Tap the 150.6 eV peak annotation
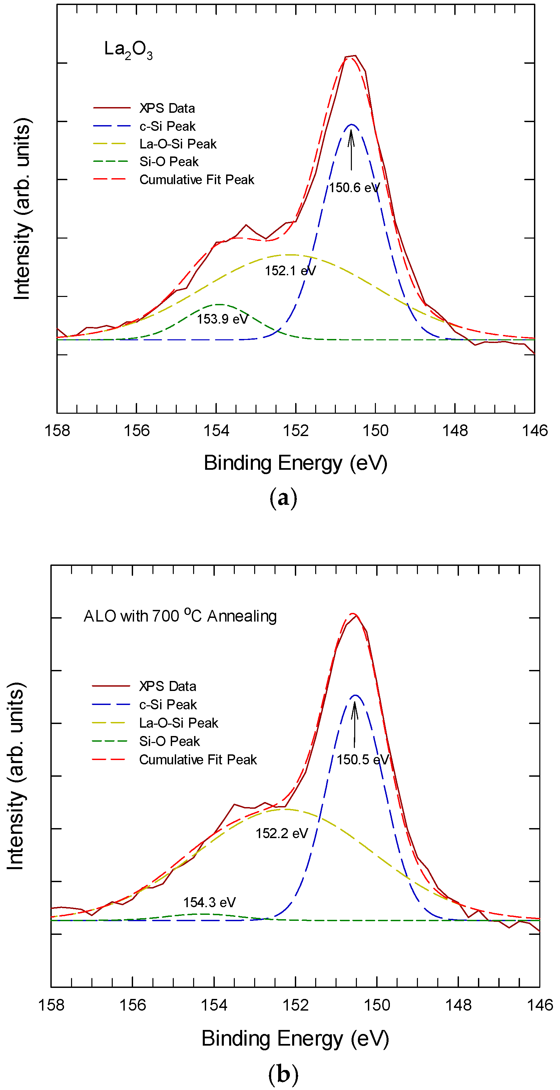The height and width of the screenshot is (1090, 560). (x=355, y=188)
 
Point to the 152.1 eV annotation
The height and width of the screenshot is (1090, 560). (x=290, y=271)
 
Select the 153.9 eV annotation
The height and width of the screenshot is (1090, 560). (x=222, y=319)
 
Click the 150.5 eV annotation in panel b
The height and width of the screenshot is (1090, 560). (x=363, y=760)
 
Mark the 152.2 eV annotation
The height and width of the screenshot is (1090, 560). (x=282, y=833)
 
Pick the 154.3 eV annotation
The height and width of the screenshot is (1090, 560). (x=209, y=902)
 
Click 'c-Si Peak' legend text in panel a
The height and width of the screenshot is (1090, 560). (x=167, y=126)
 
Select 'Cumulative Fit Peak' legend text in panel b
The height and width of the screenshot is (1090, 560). (x=198, y=760)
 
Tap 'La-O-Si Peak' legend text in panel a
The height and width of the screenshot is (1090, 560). (x=178, y=144)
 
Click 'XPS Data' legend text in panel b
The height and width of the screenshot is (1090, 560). (x=167, y=686)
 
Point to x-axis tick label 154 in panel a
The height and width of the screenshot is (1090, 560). (x=216, y=431)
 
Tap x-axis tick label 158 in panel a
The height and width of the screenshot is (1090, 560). (x=57, y=431)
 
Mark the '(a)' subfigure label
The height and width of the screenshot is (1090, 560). (x=283, y=498)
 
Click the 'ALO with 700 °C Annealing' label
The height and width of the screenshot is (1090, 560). (x=180, y=616)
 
